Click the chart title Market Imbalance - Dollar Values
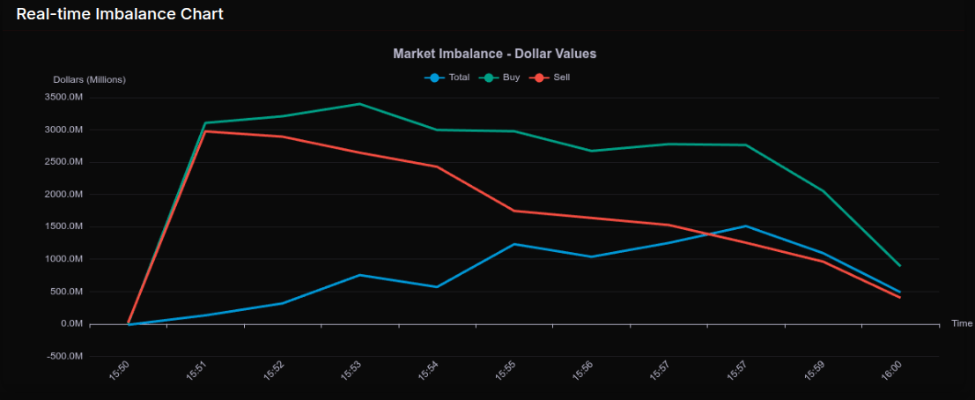(x=494, y=54)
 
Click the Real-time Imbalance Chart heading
(x=120, y=14)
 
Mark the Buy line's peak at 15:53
(x=359, y=104)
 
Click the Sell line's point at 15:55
(x=513, y=211)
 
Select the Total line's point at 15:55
(x=513, y=244)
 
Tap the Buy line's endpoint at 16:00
(x=900, y=265)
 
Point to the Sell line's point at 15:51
(x=205, y=131)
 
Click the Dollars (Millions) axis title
(x=89, y=79)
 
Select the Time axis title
(x=961, y=323)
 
